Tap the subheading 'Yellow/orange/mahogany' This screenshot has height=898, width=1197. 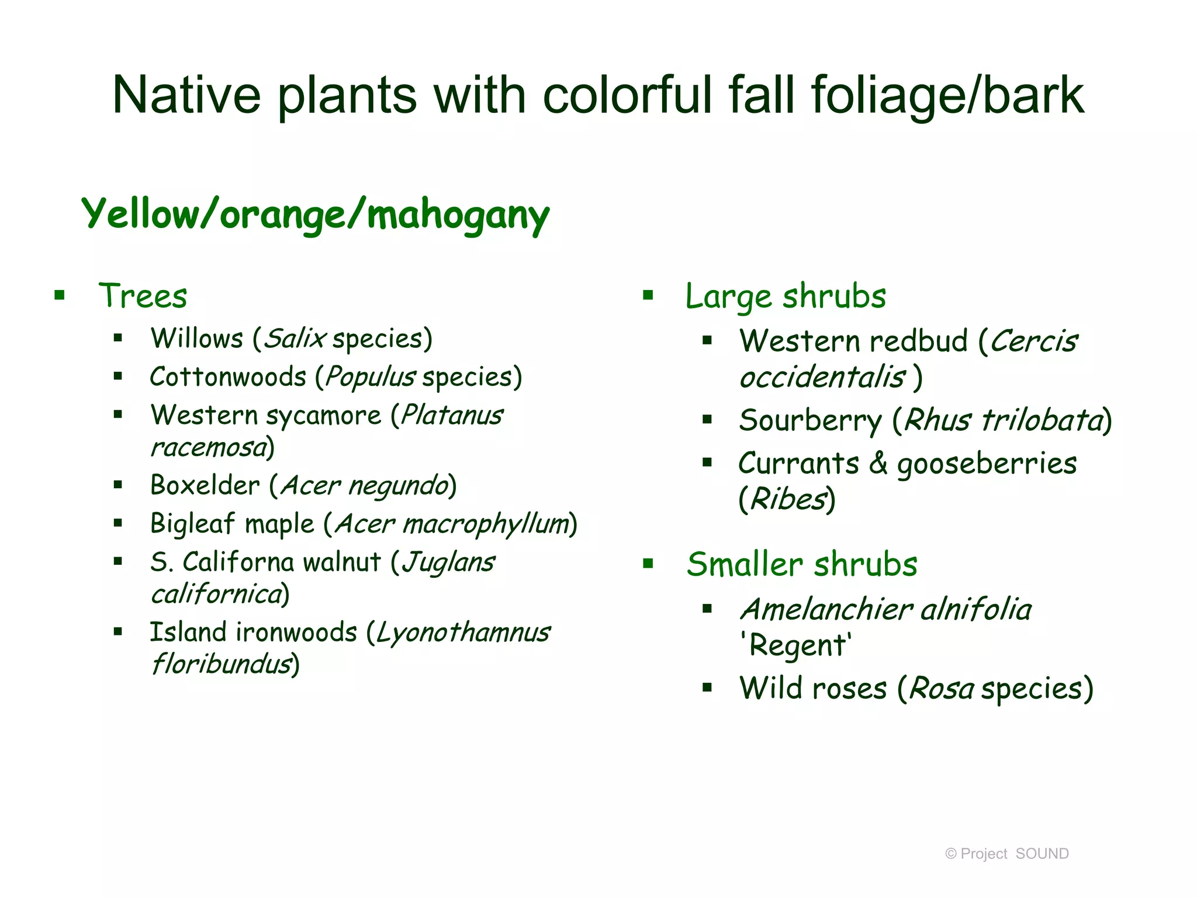(x=316, y=215)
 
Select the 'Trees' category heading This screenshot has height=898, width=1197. (x=143, y=296)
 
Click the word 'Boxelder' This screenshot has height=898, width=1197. (x=205, y=485)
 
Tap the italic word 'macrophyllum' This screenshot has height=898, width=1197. (x=486, y=524)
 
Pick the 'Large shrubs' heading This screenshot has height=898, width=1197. (x=786, y=296)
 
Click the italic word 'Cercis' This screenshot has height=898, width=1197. (x=1033, y=341)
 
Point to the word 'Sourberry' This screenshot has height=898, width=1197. (x=810, y=421)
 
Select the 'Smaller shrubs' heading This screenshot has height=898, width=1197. (x=802, y=565)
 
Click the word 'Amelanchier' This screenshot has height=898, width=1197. (x=826, y=610)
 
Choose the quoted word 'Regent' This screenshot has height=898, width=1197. (x=796, y=645)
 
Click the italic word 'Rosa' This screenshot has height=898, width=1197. (x=942, y=689)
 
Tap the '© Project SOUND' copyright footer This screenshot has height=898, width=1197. (x=1006, y=854)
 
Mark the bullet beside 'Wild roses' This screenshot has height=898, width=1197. (x=707, y=688)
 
